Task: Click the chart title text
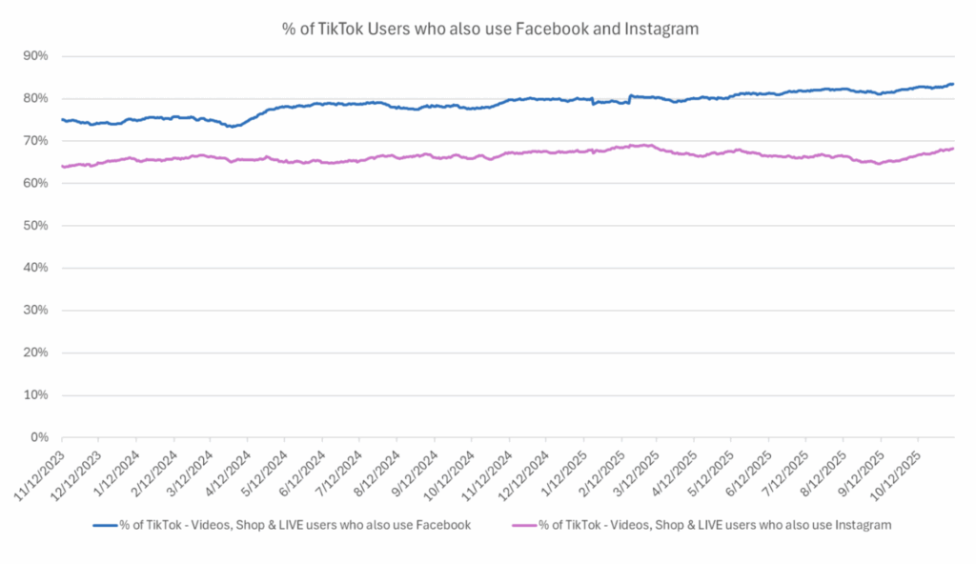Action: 490,30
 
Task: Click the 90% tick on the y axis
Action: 37,56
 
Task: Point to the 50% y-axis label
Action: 37,226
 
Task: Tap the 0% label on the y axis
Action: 40,437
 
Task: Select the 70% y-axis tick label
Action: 37,141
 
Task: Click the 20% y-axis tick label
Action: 37,352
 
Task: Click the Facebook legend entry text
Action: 295,525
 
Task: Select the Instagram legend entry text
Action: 716,525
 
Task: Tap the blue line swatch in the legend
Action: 104,525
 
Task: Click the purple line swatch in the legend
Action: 524,525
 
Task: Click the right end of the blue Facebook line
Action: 953,84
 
